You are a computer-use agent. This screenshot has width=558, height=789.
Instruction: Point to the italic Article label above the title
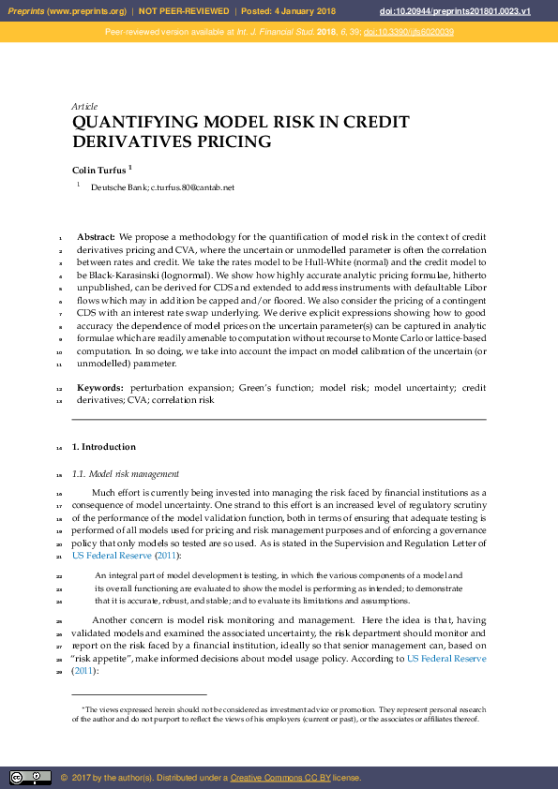point(84,107)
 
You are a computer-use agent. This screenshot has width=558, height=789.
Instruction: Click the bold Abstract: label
point(96,237)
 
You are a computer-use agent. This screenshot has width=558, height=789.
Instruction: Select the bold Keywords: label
point(99,387)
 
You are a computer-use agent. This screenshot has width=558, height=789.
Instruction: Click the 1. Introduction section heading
point(104,447)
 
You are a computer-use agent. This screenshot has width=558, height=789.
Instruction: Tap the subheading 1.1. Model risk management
point(126,474)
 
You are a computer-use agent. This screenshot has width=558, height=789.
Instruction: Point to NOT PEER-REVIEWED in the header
point(184,10)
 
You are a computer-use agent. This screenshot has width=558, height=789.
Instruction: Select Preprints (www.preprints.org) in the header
point(67,10)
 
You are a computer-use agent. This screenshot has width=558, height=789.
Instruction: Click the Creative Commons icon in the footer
point(30,778)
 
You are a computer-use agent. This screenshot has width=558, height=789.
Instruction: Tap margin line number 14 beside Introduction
point(58,448)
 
